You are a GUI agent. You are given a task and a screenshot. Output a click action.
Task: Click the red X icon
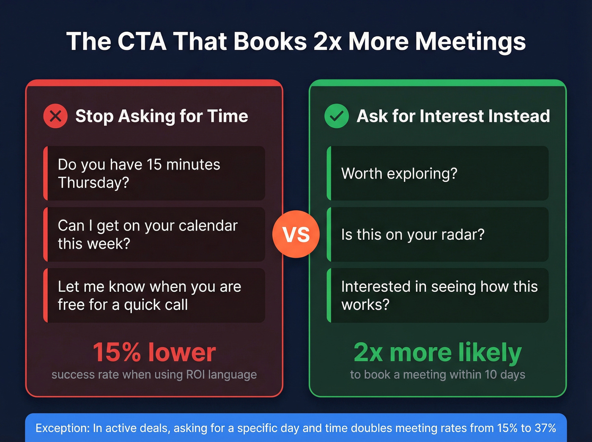pyautogui.click(x=55, y=116)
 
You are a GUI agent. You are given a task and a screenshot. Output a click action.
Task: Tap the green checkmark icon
pyautogui.click(x=336, y=116)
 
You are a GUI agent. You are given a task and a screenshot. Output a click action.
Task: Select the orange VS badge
pyautogui.click(x=296, y=234)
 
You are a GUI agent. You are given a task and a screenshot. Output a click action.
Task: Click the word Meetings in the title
pyautogui.click(x=470, y=42)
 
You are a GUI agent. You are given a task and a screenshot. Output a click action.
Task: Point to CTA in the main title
pyautogui.click(x=142, y=42)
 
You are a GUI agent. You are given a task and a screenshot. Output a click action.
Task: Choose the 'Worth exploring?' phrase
pyautogui.click(x=399, y=174)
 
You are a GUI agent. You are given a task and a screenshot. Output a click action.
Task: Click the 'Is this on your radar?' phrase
pyautogui.click(x=413, y=235)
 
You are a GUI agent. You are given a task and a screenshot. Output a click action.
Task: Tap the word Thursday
pyautogui.click(x=93, y=183)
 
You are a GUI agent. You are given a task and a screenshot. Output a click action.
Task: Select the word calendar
pyautogui.click(x=208, y=226)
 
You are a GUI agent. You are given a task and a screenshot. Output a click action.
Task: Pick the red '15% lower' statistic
pyautogui.click(x=154, y=352)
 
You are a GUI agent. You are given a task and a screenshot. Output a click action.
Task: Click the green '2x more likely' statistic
pyautogui.click(x=438, y=352)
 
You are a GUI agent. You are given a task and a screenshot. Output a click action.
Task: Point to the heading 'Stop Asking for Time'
pyautogui.click(x=162, y=116)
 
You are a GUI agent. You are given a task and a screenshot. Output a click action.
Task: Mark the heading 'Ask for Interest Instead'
pyautogui.click(x=453, y=116)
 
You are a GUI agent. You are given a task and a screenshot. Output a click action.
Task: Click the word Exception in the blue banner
pyautogui.click(x=62, y=428)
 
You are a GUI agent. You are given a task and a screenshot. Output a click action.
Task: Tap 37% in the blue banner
pyautogui.click(x=545, y=428)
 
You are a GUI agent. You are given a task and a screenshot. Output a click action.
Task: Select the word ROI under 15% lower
pyautogui.click(x=195, y=375)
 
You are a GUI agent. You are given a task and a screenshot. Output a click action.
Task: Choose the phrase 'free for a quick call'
pyautogui.click(x=123, y=305)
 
